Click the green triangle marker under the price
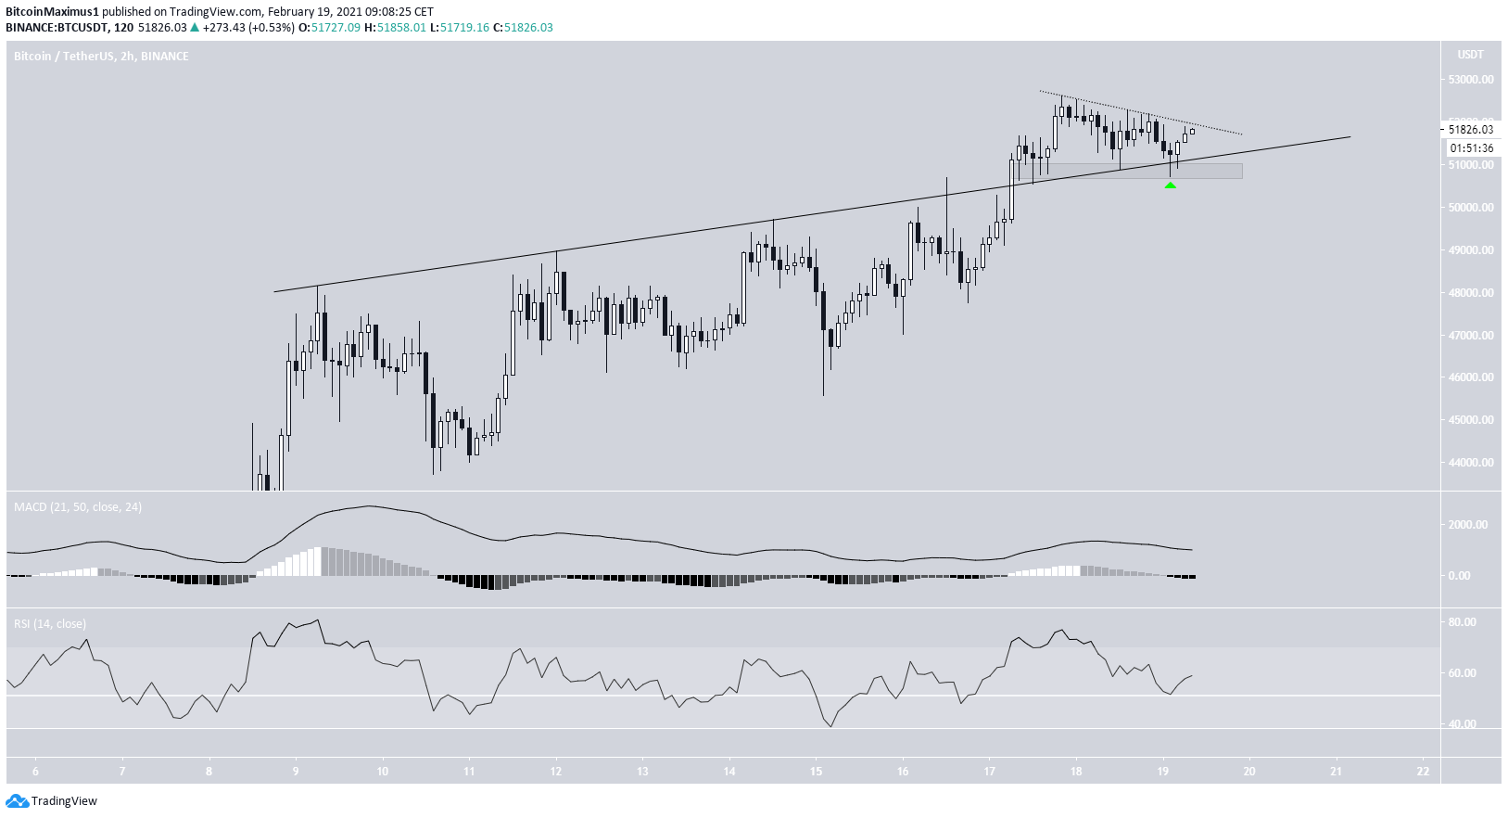pos(1170,185)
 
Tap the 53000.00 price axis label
pos(1471,80)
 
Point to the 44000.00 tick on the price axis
pos(1471,463)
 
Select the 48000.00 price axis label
pos(1471,293)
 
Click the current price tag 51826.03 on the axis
pos(1471,130)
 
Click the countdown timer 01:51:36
pos(1472,148)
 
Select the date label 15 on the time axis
pos(816,772)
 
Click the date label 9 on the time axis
pos(296,772)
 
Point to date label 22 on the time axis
pos(1423,772)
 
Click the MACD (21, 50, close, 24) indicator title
pos(78,507)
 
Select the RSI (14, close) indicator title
pos(50,624)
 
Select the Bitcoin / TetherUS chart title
pos(101,57)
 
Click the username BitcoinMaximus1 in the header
pos(52,12)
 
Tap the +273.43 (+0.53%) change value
pos(247,28)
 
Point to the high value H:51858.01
pos(395,28)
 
